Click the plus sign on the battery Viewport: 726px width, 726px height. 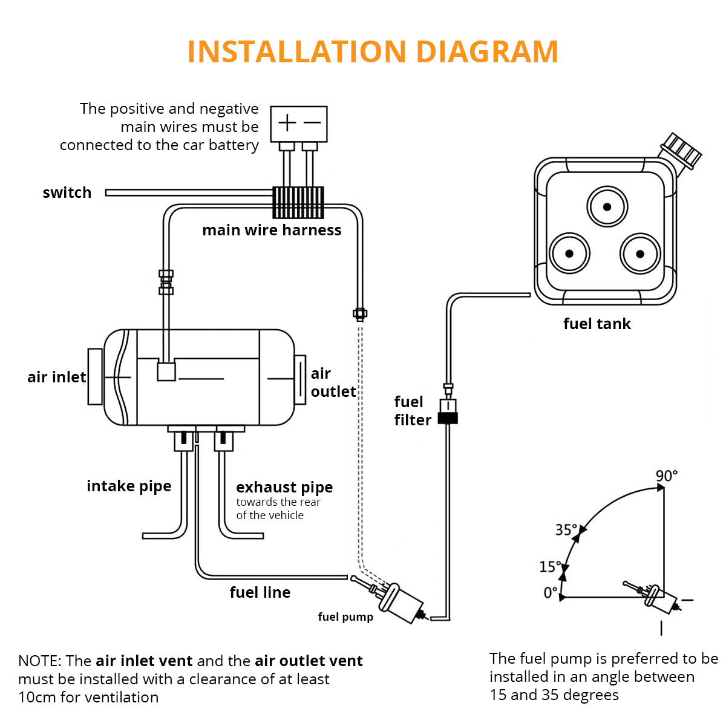click(287, 123)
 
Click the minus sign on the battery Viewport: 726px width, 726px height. click(312, 123)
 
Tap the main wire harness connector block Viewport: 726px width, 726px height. click(298, 202)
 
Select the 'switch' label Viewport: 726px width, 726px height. click(67, 193)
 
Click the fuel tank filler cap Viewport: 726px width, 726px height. click(682, 151)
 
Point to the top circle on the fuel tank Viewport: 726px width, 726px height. click(606, 207)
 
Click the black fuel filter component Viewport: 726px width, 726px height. click(448, 417)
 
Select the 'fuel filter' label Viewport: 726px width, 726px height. click(413, 411)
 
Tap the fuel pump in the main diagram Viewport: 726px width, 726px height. click(399, 601)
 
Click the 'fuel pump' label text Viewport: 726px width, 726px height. click(345, 617)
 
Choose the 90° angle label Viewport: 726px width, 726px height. click(666, 476)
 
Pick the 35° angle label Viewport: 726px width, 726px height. click(566, 530)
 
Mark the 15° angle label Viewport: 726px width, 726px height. click(550, 567)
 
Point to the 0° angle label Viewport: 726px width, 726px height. click(550, 593)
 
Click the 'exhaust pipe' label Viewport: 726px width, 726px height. click(284, 488)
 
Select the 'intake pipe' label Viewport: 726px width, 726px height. click(129, 486)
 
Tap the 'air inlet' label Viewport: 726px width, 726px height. click(56, 378)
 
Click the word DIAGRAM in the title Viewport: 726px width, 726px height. click(487, 51)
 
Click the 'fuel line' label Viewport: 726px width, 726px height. click(260, 593)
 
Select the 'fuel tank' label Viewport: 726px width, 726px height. click(597, 324)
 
